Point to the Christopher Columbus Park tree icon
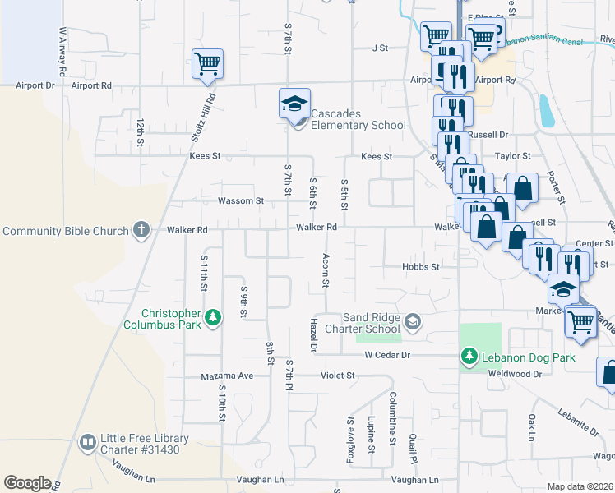click(213, 316)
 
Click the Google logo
click(26, 483)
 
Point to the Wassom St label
click(240, 200)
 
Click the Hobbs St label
click(421, 266)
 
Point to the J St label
click(379, 48)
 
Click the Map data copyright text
click(580, 486)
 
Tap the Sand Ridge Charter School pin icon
click(413, 322)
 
